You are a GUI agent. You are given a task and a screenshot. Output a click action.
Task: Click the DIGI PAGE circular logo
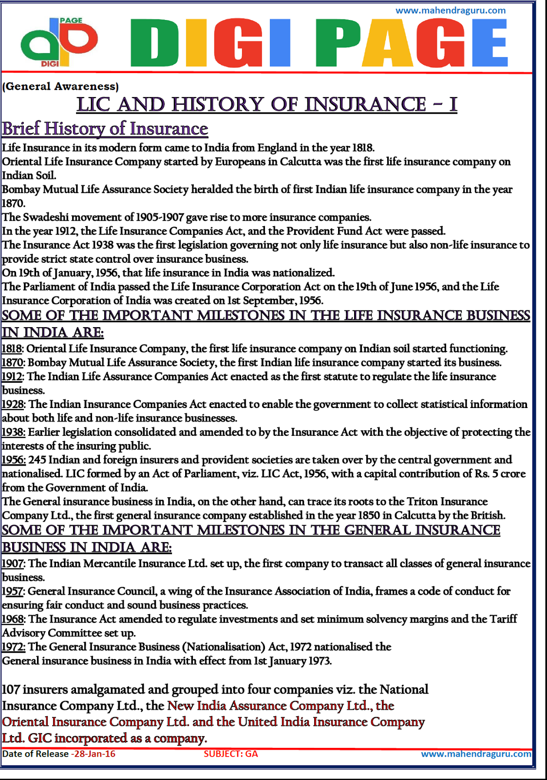click(58, 43)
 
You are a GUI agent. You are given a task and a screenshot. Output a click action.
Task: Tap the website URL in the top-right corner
click(450, 10)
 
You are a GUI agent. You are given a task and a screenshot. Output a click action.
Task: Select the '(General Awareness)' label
click(60, 86)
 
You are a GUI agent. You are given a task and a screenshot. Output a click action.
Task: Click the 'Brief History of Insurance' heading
click(105, 129)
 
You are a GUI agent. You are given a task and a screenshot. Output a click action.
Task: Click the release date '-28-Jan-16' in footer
click(93, 754)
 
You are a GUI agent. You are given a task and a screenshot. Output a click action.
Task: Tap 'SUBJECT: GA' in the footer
click(230, 754)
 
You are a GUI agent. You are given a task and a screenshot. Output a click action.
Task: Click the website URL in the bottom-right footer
click(476, 754)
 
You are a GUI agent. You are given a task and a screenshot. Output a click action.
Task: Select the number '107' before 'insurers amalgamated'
click(11, 689)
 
